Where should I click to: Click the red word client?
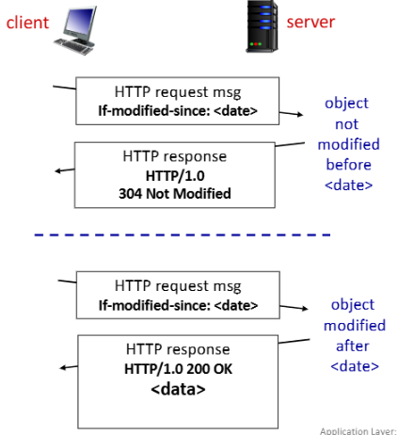click(27, 23)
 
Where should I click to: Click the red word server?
click(310, 22)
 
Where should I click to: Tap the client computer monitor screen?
click(80, 22)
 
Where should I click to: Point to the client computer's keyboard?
click(73, 47)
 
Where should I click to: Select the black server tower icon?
click(262, 26)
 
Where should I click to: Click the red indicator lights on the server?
click(256, 44)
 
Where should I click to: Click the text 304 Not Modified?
click(175, 194)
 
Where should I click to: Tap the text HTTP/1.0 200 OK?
click(178, 369)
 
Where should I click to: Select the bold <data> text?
click(178, 389)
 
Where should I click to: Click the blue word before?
click(348, 165)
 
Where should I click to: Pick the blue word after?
click(352, 346)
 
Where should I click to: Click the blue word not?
click(346, 124)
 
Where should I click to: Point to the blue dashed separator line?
click(183, 234)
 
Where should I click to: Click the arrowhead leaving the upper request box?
click(300, 115)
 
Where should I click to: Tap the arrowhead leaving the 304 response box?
click(57, 171)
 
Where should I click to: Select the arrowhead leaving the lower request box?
click(305, 309)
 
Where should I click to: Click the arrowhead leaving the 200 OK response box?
click(63, 367)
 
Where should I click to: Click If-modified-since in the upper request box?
click(154, 111)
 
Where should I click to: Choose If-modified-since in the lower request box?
click(154, 305)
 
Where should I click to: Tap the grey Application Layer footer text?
click(358, 431)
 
